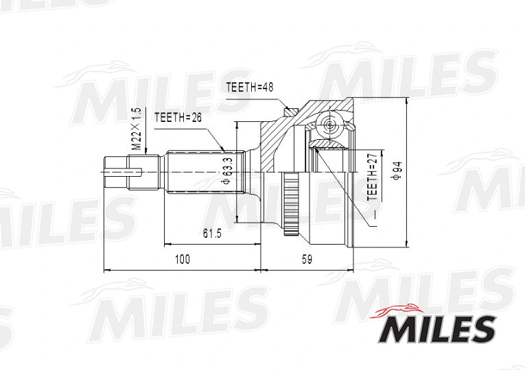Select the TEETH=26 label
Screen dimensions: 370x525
click(177, 118)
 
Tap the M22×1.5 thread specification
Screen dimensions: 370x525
click(136, 128)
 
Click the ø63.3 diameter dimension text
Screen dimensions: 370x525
click(226, 171)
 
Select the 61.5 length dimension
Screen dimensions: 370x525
click(212, 234)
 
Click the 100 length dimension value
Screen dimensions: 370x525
click(182, 259)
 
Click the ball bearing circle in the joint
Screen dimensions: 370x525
click(329, 125)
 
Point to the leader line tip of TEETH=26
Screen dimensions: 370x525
click(224, 150)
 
